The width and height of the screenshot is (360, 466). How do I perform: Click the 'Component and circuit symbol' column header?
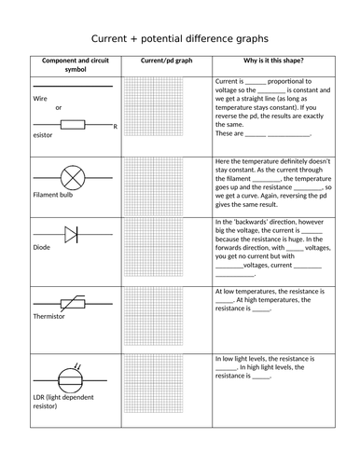73,64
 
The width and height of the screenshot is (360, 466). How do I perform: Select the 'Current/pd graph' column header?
166,60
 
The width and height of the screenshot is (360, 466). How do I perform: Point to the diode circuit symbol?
72,235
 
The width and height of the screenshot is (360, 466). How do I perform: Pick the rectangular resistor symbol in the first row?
73,122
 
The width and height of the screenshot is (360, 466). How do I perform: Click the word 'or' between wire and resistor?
59,107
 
